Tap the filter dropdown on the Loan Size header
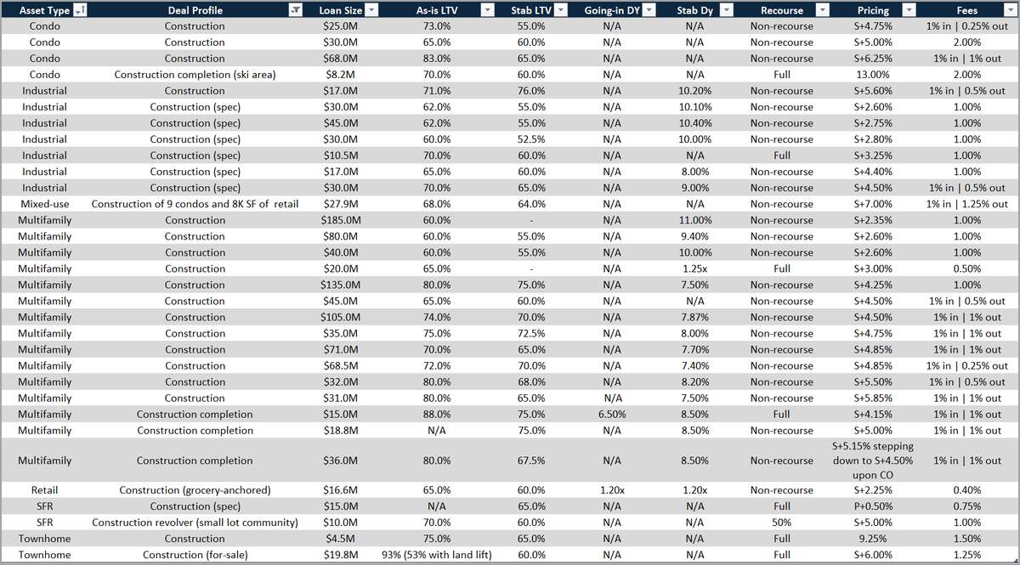(370, 10)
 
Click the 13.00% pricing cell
(873, 75)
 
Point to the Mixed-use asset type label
(45, 204)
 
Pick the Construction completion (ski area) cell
(195, 75)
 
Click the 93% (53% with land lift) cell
(433, 555)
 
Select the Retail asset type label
(45, 490)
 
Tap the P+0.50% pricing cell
(873, 506)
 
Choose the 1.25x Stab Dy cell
(694, 268)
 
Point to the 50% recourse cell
(781, 523)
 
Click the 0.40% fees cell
(967, 490)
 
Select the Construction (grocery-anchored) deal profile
(195, 490)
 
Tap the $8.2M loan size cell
(340, 75)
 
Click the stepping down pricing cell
(873, 460)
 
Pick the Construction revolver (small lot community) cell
(195, 523)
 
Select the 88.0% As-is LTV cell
(433, 415)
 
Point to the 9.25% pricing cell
(873, 539)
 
